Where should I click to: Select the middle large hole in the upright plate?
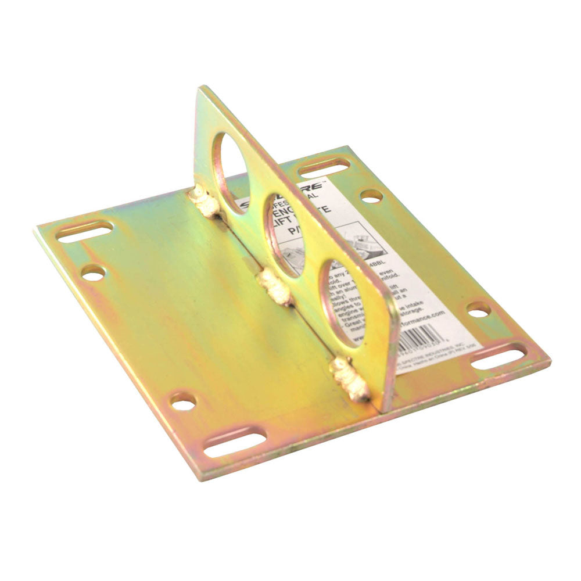click(x=286, y=234)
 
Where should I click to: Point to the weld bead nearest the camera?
click(x=351, y=379)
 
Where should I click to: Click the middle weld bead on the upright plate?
click(x=275, y=285)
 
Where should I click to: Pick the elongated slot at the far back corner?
click(x=324, y=168)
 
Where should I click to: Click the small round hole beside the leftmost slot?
click(x=93, y=272)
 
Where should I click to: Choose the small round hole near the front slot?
click(x=183, y=401)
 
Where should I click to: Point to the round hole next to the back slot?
click(x=371, y=196)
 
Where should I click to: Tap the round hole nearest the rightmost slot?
click(x=478, y=309)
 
